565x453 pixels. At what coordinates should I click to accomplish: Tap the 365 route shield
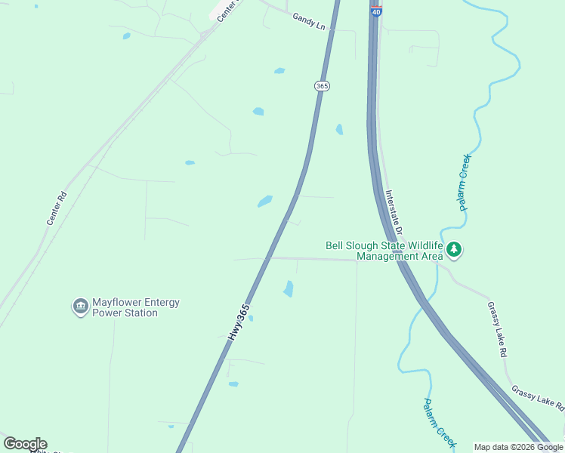tap(323, 86)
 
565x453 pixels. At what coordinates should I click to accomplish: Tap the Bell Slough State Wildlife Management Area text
tap(384, 251)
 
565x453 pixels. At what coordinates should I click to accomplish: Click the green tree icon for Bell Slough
tap(453, 248)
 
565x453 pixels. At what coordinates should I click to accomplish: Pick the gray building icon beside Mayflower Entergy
tap(80, 307)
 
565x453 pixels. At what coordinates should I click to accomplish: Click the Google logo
tap(25, 444)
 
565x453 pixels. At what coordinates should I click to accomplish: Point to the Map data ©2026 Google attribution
tap(518, 447)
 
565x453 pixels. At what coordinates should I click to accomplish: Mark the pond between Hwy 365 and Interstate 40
tap(339, 129)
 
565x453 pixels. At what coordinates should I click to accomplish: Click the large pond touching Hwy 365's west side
tap(264, 201)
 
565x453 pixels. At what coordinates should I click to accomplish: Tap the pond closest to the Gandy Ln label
tap(279, 71)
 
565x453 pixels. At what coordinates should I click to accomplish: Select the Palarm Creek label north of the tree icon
tap(464, 181)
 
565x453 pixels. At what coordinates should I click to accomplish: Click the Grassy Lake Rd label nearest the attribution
tap(538, 397)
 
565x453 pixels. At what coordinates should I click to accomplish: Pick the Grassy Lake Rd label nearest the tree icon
tap(497, 329)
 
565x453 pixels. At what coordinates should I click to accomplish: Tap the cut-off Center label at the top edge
tap(227, 10)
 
